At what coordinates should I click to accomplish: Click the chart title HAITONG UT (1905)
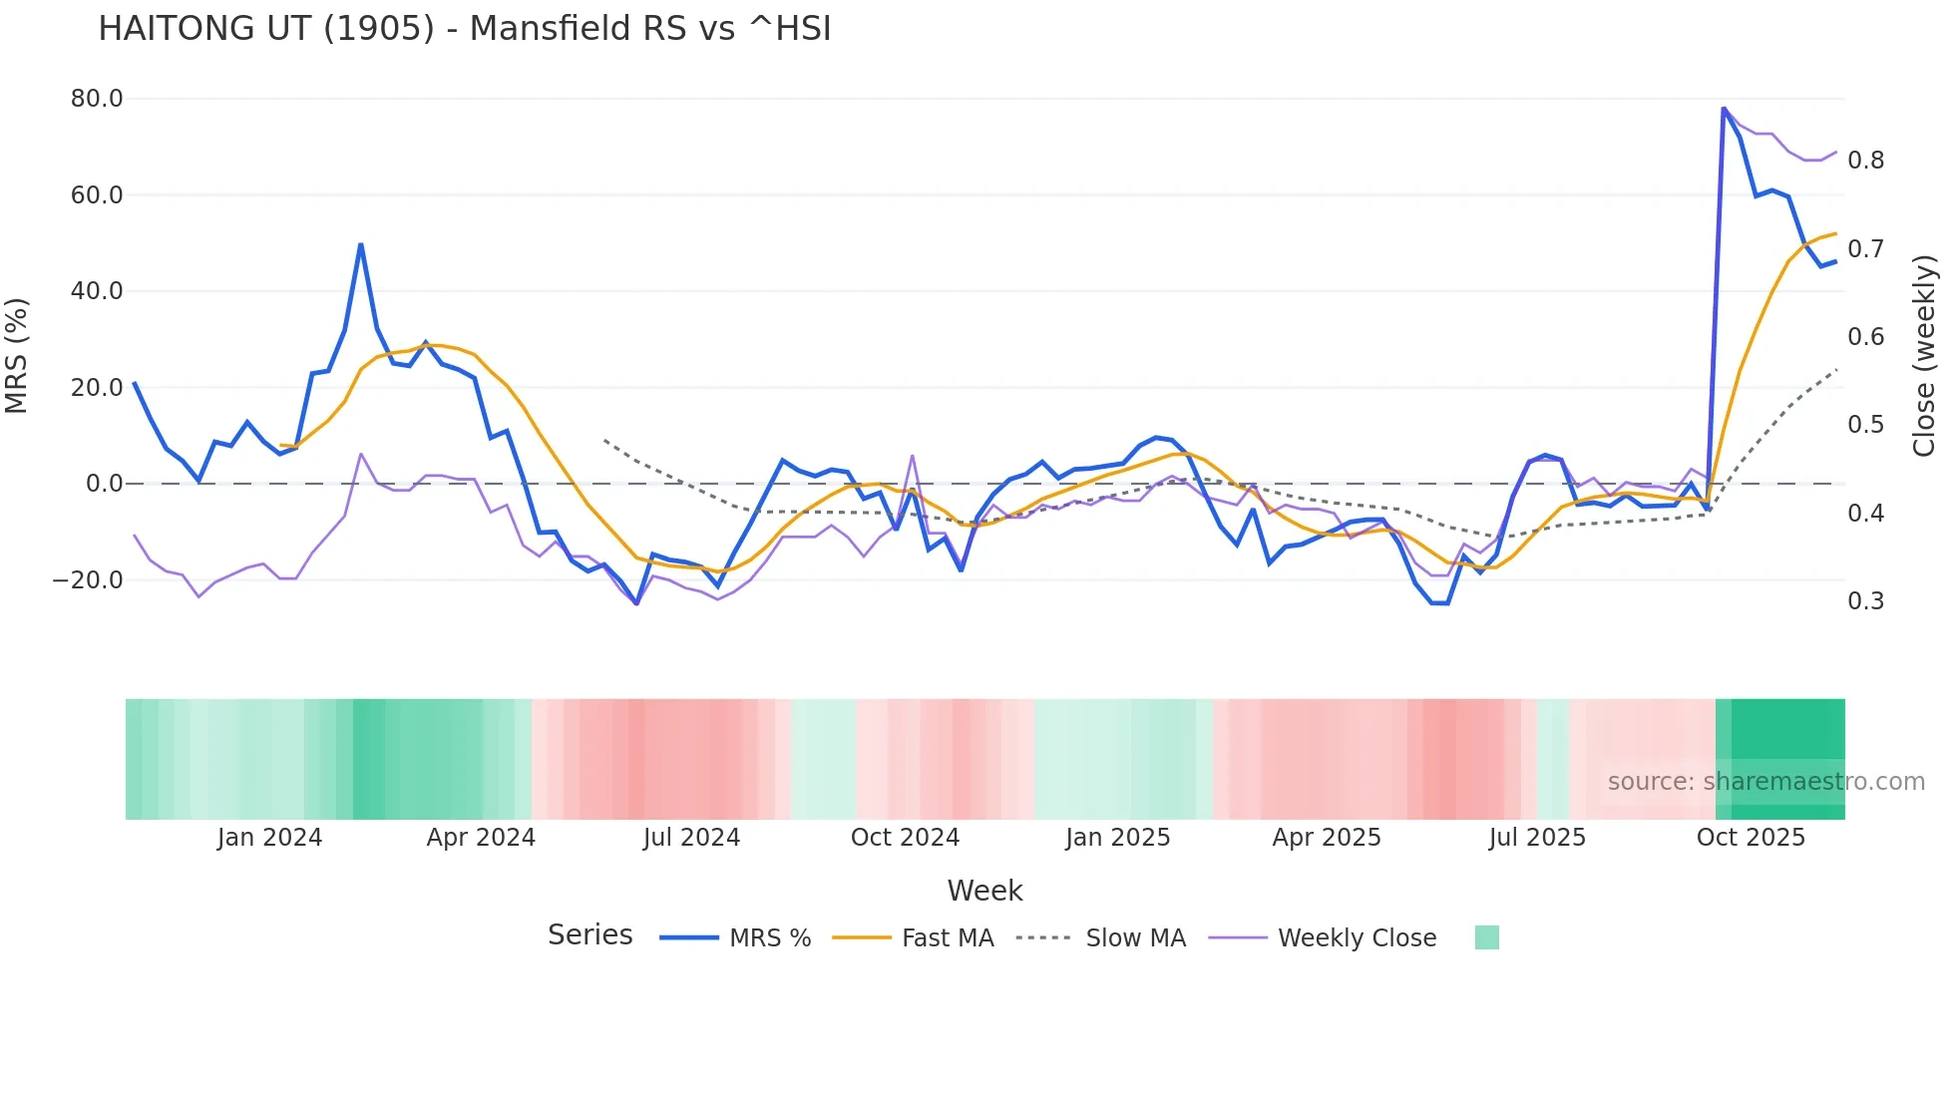[464, 29]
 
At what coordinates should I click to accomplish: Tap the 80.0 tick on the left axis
[97, 99]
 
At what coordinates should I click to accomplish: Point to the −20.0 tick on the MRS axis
[88, 580]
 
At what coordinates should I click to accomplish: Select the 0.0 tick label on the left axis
[104, 484]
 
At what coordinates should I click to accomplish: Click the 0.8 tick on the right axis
[1865, 161]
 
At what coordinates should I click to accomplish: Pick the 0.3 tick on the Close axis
[1865, 601]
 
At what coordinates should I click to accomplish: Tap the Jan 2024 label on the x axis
[269, 838]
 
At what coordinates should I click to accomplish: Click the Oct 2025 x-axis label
[1751, 838]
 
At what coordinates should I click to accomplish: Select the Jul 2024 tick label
[691, 838]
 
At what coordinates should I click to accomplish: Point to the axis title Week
[984, 891]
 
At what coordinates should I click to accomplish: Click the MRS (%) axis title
[17, 356]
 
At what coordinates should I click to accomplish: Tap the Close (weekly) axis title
[1924, 356]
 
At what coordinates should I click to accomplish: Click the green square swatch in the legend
[1486, 937]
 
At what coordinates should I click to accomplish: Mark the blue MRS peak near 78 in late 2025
[1724, 108]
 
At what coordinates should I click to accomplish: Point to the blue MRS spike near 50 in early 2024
[360, 244]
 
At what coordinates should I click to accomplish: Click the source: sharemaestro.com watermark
[1765, 782]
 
